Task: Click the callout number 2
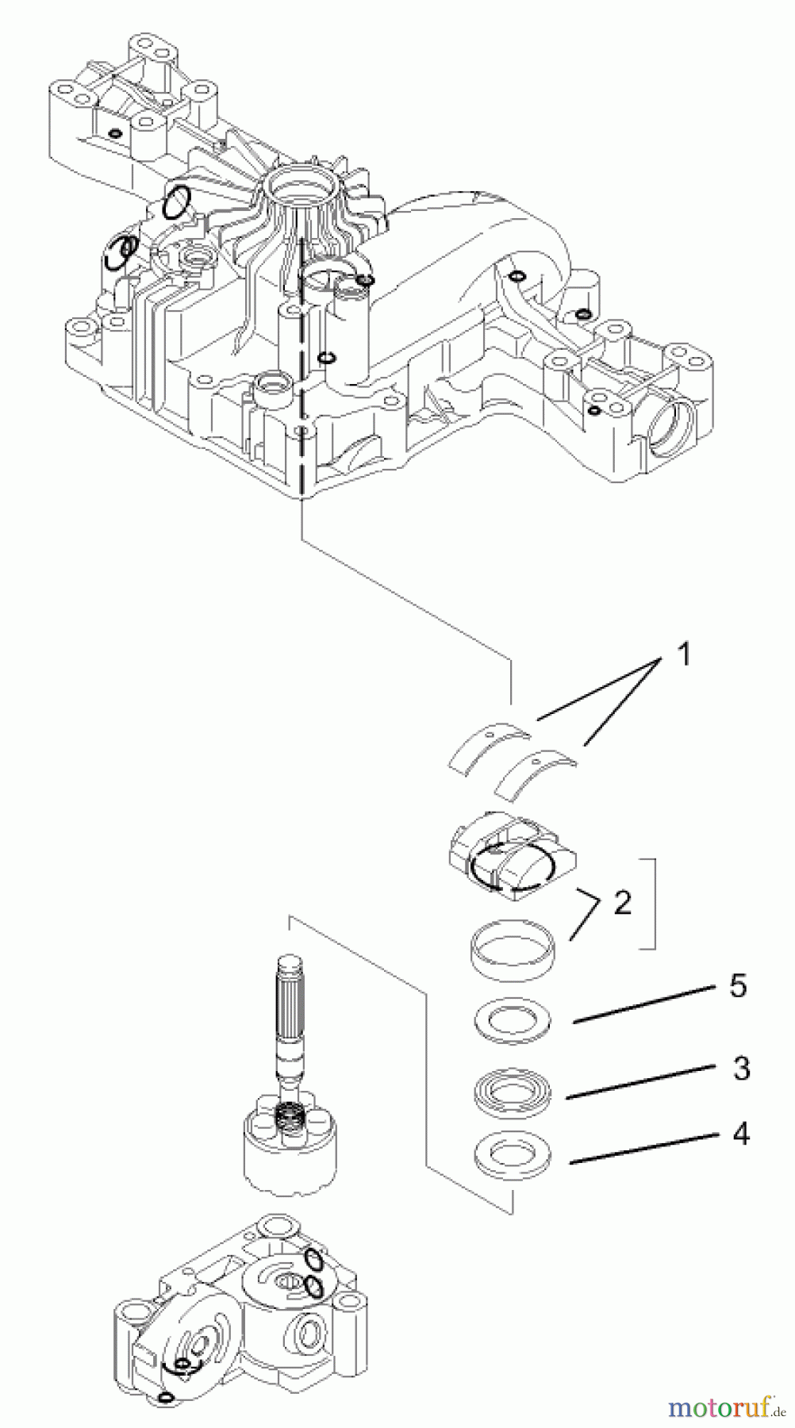click(x=622, y=901)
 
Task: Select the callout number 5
click(x=738, y=986)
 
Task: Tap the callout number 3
click(x=740, y=1069)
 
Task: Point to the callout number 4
click(x=740, y=1134)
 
